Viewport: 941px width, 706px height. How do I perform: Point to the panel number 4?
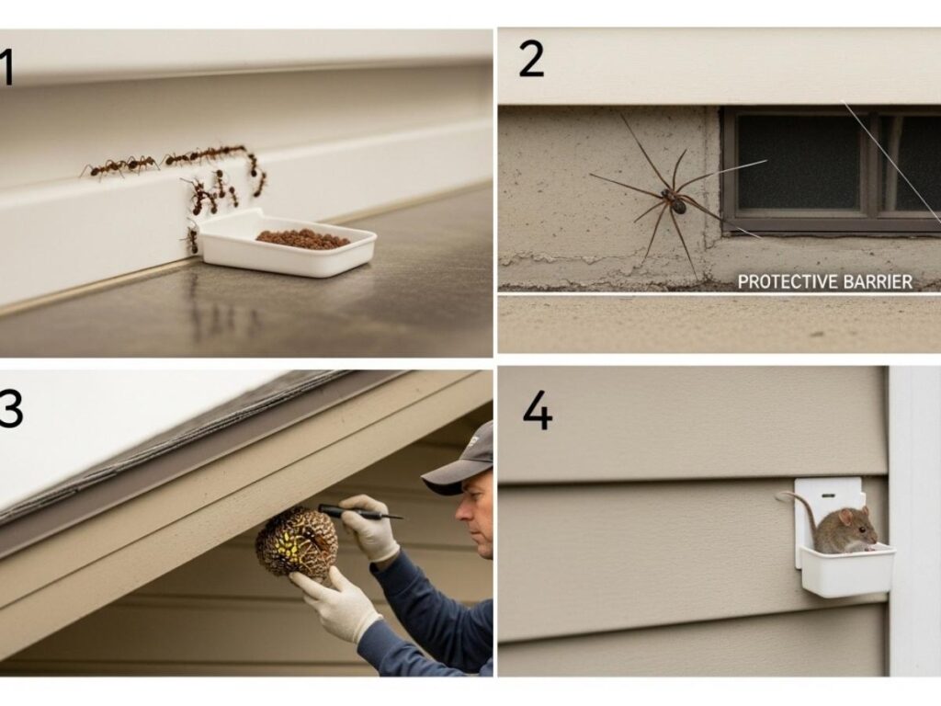pyautogui.click(x=537, y=411)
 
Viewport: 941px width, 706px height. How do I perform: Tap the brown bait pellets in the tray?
pyautogui.click(x=302, y=238)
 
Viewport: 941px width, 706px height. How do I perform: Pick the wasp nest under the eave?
pyautogui.click(x=297, y=542)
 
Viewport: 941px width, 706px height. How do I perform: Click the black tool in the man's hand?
pyautogui.click(x=358, y=512)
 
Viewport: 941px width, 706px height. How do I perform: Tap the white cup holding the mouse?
pyautogui.click(x=845, y=572)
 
